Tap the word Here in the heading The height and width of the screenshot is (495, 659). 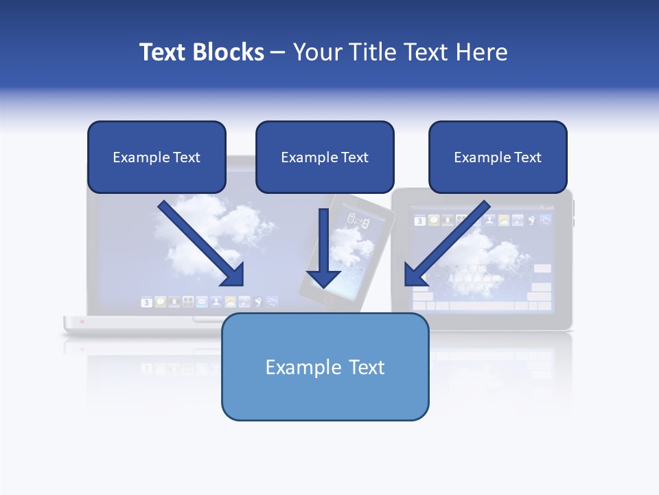coord(483,52)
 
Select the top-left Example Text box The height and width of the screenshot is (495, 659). coord(157,157)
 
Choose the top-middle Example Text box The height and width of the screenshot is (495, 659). coord(325,157)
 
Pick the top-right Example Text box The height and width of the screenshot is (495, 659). coord(498,157)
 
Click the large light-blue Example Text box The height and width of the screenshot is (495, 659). coord(325,367)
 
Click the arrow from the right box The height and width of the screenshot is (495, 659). coord(446,244)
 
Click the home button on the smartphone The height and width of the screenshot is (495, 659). coord(329,300)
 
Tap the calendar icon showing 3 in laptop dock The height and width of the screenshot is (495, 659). coord(146,302)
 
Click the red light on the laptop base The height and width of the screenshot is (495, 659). coord(82,321)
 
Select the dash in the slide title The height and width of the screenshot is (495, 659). coord(278,52)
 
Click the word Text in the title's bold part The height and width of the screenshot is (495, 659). coord(163,52)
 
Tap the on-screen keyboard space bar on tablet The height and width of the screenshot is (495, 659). coord(481,305)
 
